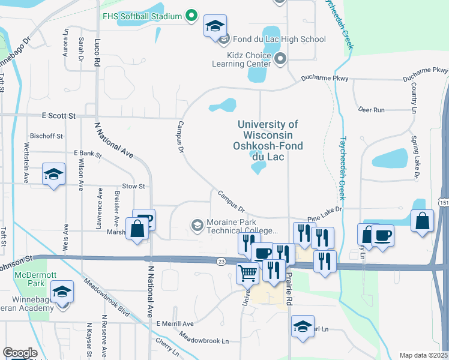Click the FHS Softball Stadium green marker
click(191, 15)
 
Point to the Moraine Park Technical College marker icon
click(196, 225)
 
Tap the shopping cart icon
click(247, 274)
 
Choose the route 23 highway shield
click(221, 261)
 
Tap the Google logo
click(20, 353)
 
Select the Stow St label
click(134, 187)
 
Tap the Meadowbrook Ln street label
click(204, 340)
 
